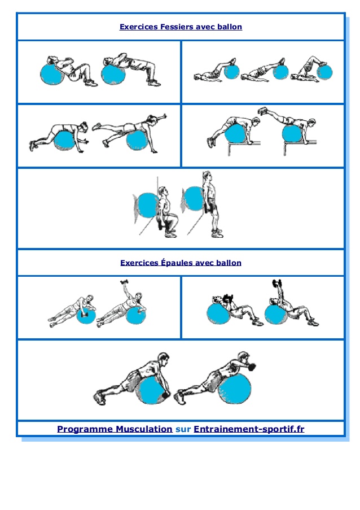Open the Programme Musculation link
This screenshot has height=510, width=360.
click(x=115, y=429)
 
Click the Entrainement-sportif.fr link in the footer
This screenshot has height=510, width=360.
click(x=249, y=429)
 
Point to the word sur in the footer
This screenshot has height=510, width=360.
click(x=183, y=429)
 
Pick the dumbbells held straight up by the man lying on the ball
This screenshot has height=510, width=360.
click(x=277, y=284)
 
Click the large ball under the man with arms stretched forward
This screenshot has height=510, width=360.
click(x=237, y=389)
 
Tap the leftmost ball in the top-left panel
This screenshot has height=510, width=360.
click(x=52, y=73)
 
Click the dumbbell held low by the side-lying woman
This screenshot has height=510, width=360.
click(x=84, y=311)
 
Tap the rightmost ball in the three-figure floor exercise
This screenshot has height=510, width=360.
click(x=324, y=72)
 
